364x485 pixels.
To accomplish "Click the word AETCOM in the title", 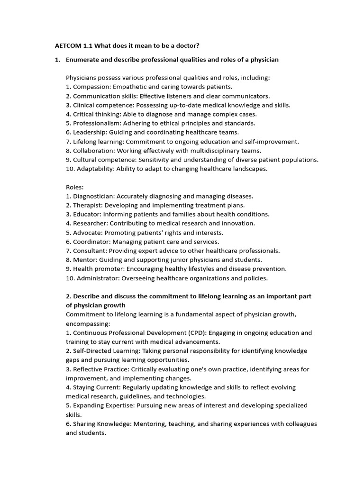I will (68, 45).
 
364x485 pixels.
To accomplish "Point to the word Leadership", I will (88, 132).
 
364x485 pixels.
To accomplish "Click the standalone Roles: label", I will (75, 187).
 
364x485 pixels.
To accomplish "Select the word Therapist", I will (87, 205).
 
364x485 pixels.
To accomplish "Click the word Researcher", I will (90, 223).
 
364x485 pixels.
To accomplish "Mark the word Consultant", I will (90, 251).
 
